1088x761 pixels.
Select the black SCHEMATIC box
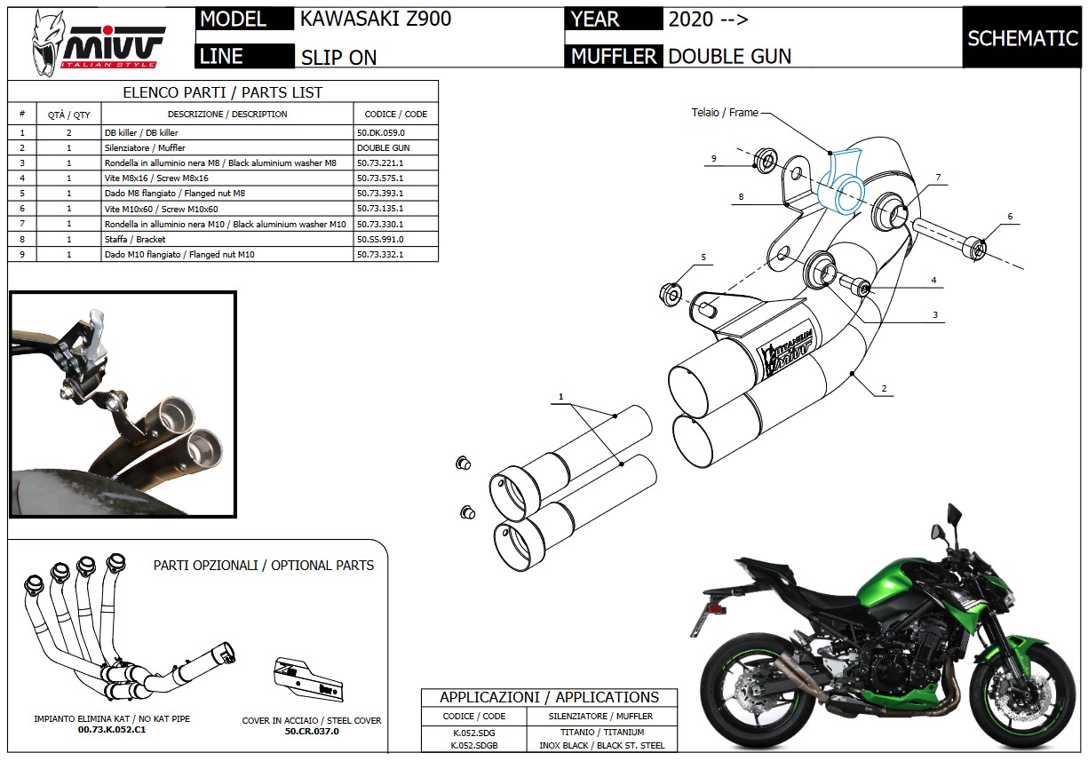pos(1021,38)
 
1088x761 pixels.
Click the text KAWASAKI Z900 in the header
pos(376,20)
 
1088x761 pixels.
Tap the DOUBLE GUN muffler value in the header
pos(729,56)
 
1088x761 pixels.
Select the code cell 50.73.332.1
pos(380,254)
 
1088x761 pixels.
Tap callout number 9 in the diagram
pos(713,158)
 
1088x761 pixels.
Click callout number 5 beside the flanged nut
pos(703,258)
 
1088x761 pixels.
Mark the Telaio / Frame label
pos(725,113)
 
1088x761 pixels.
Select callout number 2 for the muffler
pos(885,389)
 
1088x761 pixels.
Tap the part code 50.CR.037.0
pos(312,731)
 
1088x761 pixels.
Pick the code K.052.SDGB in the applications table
pos(474,745)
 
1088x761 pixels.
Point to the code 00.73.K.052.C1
pos(112,729)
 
